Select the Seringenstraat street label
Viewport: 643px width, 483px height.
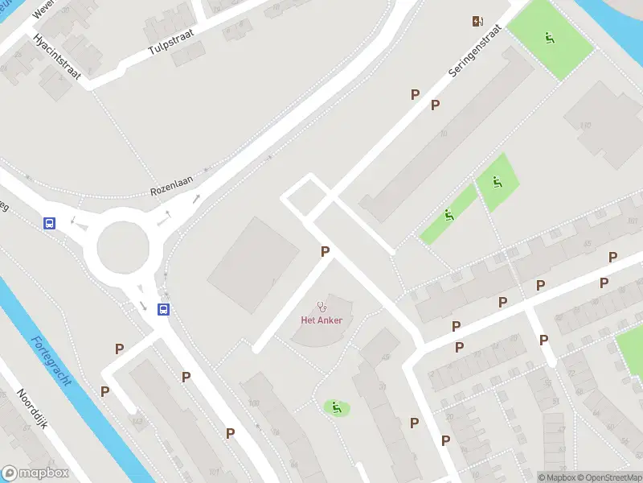pyautogui.click(x=475, y=50)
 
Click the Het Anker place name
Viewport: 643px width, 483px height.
pyautogui.click(x=321, y=320)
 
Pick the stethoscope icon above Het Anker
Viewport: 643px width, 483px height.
pyautogui.click(x=322, y=306)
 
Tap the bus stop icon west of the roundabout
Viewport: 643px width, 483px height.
pyautogui.click(x=50, y=223)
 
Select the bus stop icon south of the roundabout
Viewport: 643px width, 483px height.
pyautogui.click(x=163, y=309)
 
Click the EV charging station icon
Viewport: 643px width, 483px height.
pyautogui.click(x=478, y=21)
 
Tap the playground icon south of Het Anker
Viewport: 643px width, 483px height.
pyautogui.click(x=336, y=407)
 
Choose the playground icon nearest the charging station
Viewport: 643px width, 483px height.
pyautogui.click(x=551, y=37)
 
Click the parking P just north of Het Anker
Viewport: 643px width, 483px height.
pyautogui.click(x=326, y=251)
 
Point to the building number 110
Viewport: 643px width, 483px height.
pyautogui.click(x=585, y=125)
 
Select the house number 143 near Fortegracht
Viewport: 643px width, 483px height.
pyautogui.click(x=137, y=420)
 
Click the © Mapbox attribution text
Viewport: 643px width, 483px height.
pyautogui.click(x=556, y=477)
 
